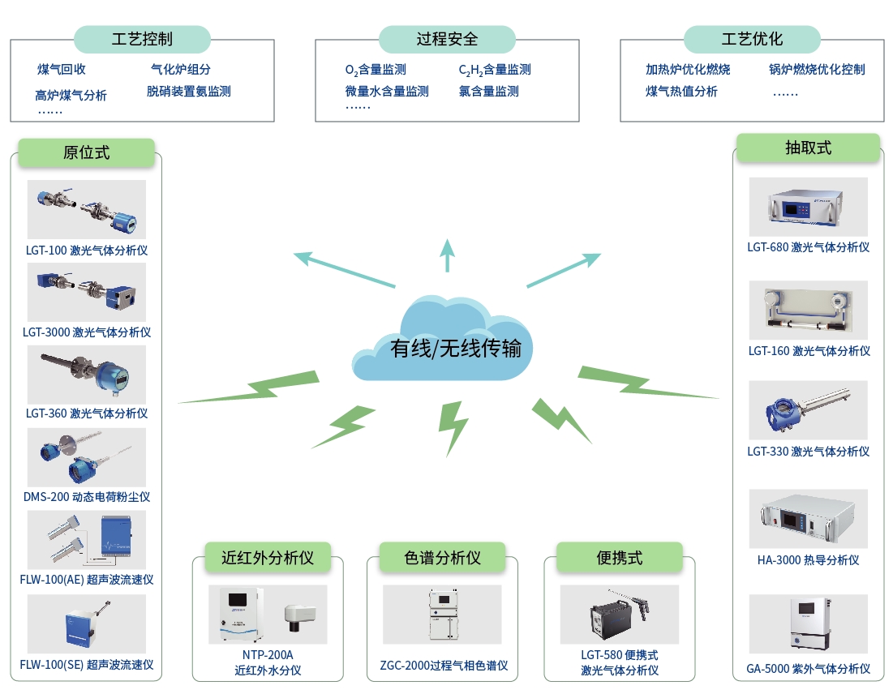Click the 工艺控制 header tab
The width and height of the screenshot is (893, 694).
tap(142, 39)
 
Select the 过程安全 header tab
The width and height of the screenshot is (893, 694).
tap(447, 39)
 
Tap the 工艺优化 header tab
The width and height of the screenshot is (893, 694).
tap(752, 39)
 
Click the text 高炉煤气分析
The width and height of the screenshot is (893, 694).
tap(71, 95)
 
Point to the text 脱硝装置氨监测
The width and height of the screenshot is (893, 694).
tap(189, 92)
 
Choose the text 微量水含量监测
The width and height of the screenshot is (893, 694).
tap(387, 92)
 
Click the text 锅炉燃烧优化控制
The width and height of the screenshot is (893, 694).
tap(817, 70)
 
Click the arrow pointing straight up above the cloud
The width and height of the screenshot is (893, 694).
tap(447, 255)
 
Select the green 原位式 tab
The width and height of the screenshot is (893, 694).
tap(86, 152)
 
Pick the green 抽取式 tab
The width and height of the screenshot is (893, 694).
tap(808, 148)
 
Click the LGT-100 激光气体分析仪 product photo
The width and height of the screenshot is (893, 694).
tap(86, 210)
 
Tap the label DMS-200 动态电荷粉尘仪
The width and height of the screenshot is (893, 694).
tap(86, 496)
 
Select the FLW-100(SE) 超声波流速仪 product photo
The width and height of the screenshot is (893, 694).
tap(86, 624)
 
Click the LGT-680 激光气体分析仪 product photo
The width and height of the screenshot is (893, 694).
tap(808, 207)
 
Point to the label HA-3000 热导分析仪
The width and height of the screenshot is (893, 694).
tap(808, 559)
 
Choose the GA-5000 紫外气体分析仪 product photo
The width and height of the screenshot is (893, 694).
tap(808, 624)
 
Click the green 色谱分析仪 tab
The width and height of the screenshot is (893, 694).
tap(442, 558)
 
